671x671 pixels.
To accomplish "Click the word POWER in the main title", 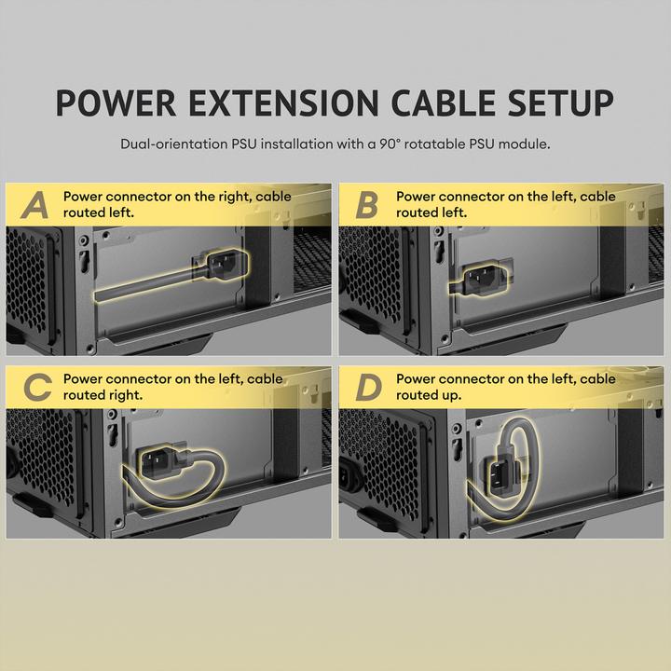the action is click(116, 103).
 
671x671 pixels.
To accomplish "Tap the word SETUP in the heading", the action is click(561, 103).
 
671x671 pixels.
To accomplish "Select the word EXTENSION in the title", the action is click(283, 103).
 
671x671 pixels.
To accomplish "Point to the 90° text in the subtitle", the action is click(390, 144).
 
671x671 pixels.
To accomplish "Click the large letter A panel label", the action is click(35, 205).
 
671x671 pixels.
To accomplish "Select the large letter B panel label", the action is click(367, 205).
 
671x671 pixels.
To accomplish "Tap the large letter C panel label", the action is click(37, 388).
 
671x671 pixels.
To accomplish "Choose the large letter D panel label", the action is click(368, 388).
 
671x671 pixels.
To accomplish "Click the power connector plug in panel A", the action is click(226, 265).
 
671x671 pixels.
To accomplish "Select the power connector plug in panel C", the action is click(157, 460).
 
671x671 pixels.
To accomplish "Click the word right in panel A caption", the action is click(237, 197).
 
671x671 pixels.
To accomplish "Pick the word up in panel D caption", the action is click(453, 396).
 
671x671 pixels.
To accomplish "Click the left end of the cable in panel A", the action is click(97, 296).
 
